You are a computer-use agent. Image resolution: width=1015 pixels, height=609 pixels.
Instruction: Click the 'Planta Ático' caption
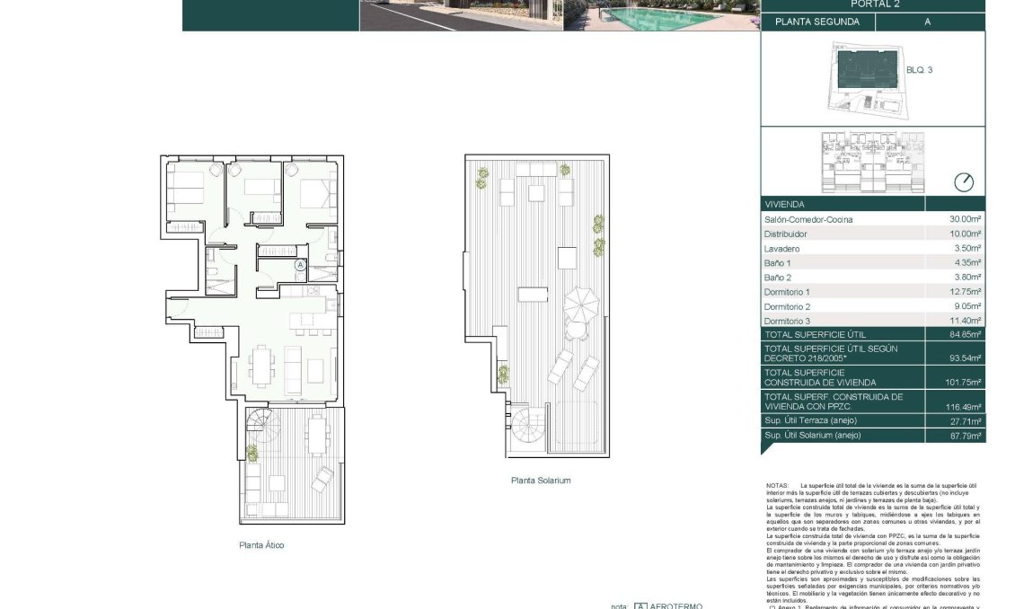click(x=261, y=545)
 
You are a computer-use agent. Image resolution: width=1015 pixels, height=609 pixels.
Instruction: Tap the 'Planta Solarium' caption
click(x=541, y=481)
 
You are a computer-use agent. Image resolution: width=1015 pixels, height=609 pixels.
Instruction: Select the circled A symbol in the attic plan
click(x=300, y=265)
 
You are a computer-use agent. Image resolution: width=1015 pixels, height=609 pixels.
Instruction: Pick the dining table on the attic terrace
click(x=316, y=435)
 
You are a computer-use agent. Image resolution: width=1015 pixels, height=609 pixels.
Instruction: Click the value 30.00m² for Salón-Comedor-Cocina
click(x=966, y=220)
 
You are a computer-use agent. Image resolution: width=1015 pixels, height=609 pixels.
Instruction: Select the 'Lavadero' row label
click(x=781, y=249)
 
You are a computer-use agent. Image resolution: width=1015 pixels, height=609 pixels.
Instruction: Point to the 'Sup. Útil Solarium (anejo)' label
click(x=812, y=436)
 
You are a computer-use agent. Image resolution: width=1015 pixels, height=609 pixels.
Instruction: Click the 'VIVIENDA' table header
click(x=785, y=204)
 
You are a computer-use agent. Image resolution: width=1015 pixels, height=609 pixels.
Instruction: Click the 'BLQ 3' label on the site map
click(x=919, y=69)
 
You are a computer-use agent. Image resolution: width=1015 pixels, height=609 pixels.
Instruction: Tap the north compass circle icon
click(x=963, y=181)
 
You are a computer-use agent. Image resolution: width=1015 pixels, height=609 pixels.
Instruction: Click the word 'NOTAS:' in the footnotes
click(x=778, y=486)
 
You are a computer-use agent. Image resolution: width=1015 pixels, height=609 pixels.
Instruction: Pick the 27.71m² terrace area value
click(x=966, y=421)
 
